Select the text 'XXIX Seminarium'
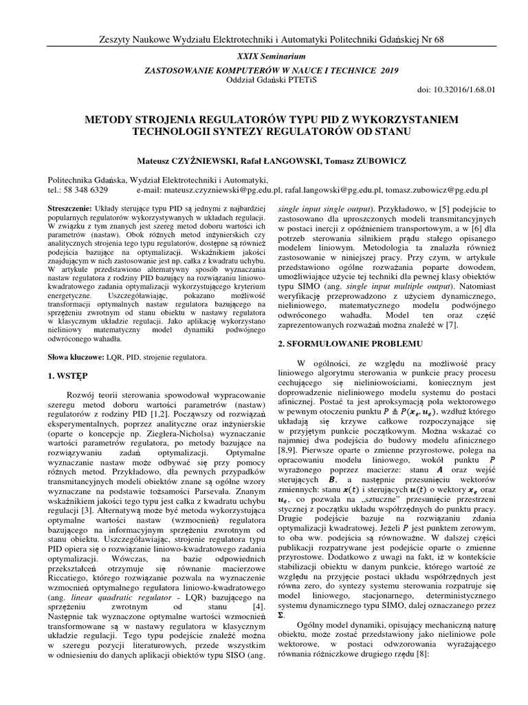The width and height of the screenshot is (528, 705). pos(265,54)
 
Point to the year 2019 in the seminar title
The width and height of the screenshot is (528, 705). pos(388,70)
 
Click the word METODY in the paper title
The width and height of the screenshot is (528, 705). pos(110,119)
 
